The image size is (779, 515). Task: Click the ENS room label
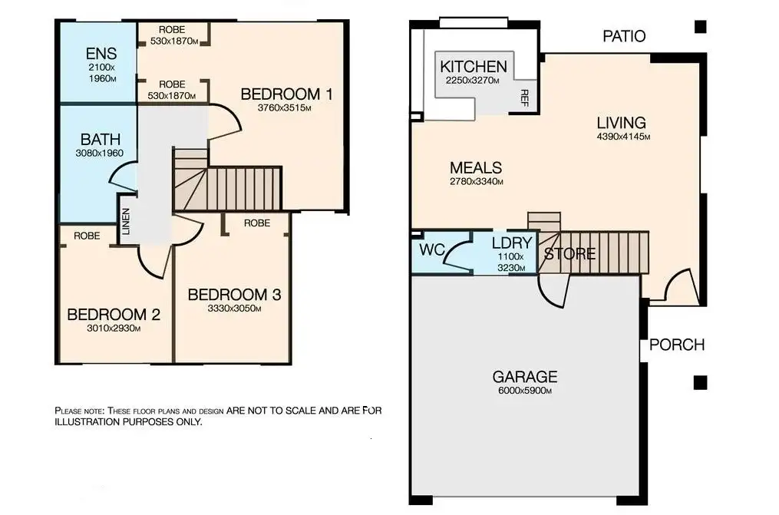coord(101,53)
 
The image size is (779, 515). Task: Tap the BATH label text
coord(101,140)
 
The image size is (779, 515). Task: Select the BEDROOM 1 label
coord(287,94)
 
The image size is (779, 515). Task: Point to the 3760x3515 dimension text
coord(284,107)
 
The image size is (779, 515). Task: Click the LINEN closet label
coord(126,221)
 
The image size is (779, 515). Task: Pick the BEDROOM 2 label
coord(114,315)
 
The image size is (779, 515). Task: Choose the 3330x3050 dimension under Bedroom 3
coord(235,309)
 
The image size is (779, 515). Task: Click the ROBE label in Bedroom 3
coord(257,223)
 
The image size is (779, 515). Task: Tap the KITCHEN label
coord(474,67)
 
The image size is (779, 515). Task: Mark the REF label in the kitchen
coord(524,97)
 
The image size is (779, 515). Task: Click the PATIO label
coord(624,36)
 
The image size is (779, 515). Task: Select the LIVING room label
coord(622,123)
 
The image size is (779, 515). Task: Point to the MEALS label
coord(476,168)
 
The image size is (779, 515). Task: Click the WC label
coord(432,249)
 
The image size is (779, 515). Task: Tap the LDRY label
coord(512,243)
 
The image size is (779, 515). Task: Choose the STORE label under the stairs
coord(569,254)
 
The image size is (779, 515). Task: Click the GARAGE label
coord(525,377)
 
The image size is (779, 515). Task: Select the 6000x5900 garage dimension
coord(525,391)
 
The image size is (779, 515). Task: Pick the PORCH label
coord(677,345)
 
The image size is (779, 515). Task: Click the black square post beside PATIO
coord(701,26)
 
